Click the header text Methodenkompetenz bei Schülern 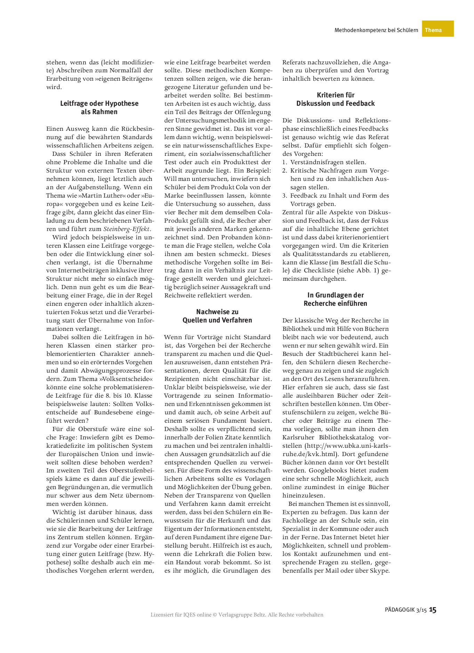point(376,30)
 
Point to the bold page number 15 point(433,610)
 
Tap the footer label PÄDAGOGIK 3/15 point(405,610)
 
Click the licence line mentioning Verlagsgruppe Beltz point(237,615)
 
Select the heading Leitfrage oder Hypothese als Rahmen point(99,107)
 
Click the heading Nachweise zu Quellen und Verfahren point(217,316)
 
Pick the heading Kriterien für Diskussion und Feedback point(335,99)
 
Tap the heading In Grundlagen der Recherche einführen point(335,299)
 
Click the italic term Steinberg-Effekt point(127,229)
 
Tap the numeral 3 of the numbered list point(284,196)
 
